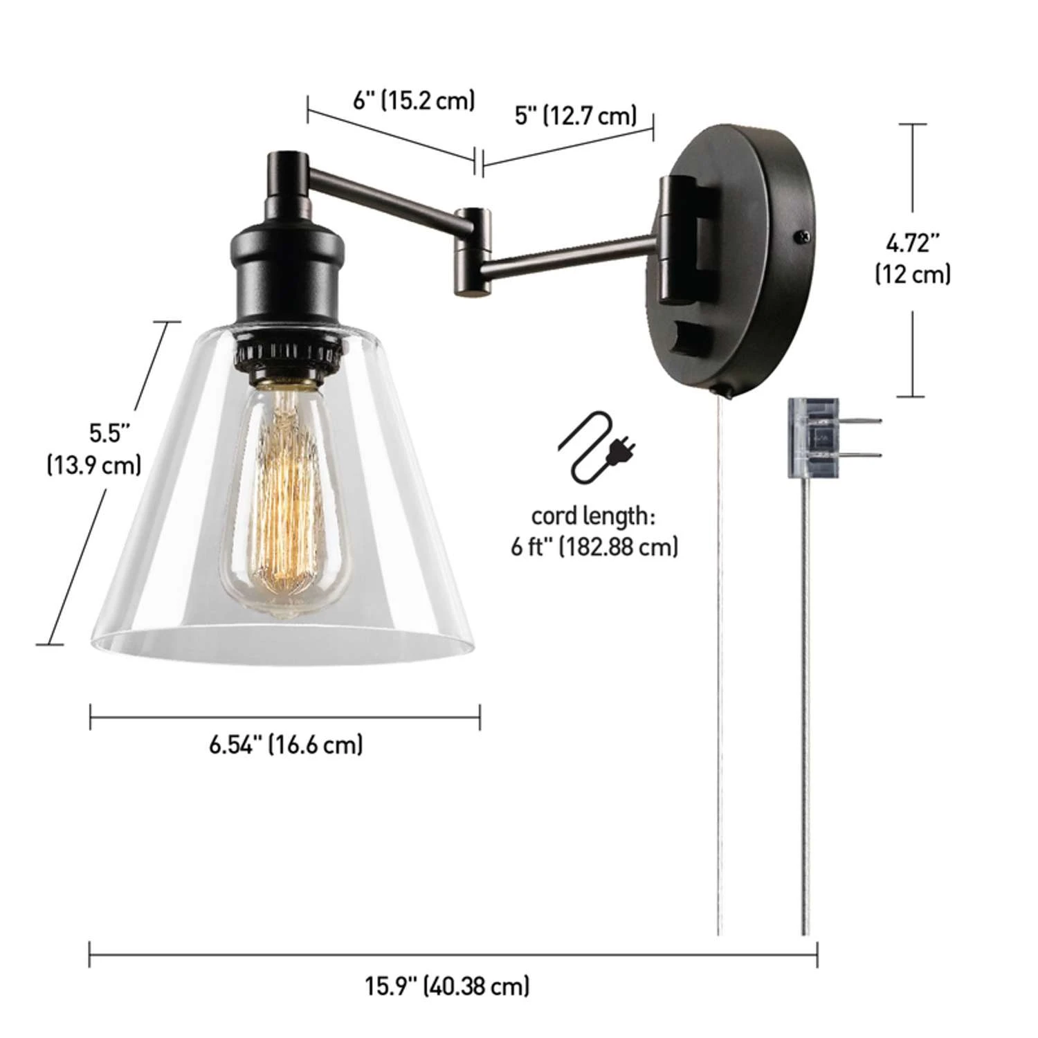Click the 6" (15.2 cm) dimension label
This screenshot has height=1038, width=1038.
pos(414,100)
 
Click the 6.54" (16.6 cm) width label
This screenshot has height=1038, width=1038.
pos(286,745)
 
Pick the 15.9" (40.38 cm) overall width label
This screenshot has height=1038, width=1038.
pos(448,985)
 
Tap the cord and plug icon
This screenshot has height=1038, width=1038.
pos(597,446)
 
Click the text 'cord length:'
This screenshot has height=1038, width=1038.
pos(593,516)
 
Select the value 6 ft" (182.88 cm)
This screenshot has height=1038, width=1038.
pos(594,547)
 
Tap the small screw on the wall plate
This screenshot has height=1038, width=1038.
pos(802,235)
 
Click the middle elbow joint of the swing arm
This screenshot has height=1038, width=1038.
pos(473,253)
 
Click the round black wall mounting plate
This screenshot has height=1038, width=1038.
pos(734,256)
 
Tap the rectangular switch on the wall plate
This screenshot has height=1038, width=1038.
pos(692,340)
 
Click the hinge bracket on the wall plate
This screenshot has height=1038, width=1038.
pos(675,239)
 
